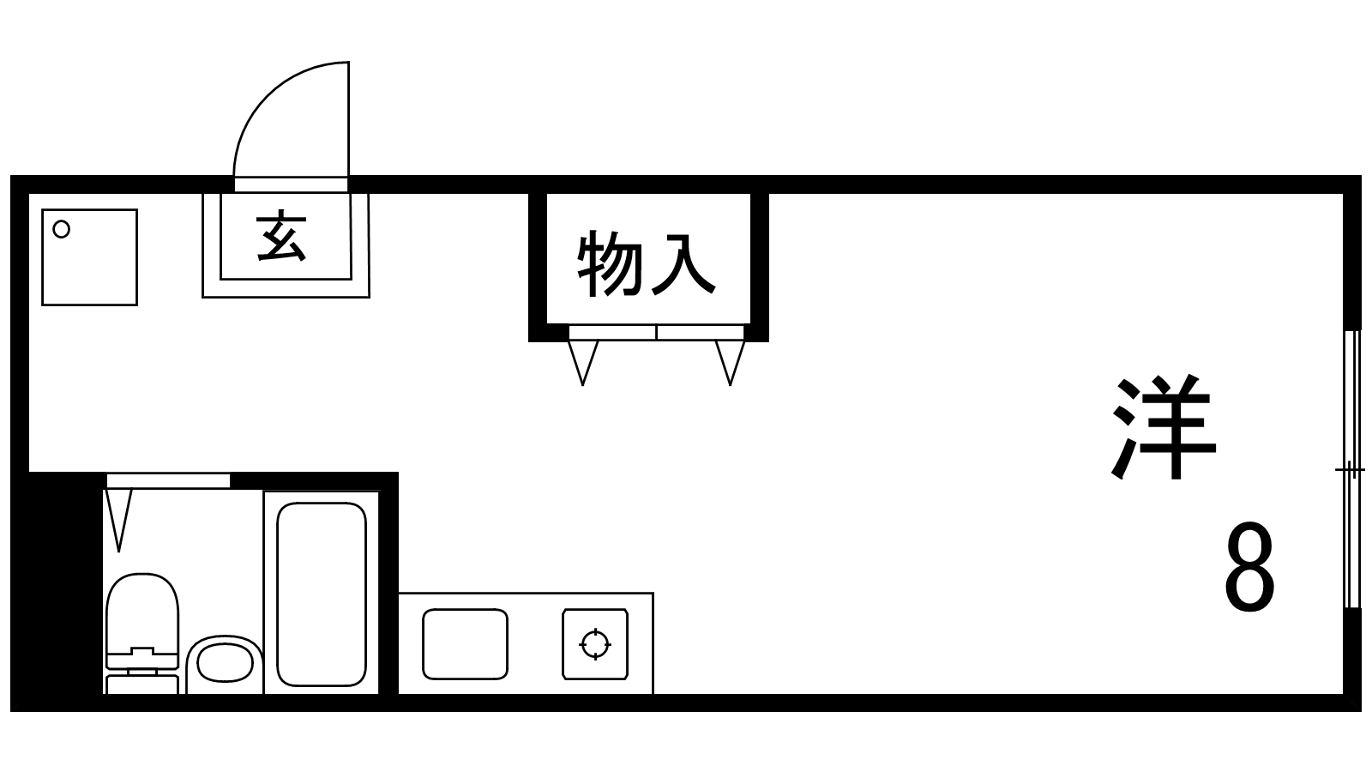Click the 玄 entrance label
coord(281,237)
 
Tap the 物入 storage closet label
coord(647,264)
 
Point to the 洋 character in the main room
coord(1164,426)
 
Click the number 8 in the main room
coord(1249,567)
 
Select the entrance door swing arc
coord(291,119)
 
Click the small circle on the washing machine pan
coord(61,230)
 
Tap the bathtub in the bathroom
coord(322,594)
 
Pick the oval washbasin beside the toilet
coord(225,664)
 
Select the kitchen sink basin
coord(466,644)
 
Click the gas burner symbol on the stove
coord(595,644)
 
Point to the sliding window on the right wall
coord(1351,469)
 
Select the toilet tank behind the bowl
coord(142,684)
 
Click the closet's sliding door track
coord(657,333)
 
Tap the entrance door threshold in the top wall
coord(291,184)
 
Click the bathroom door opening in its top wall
coord(168,480)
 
